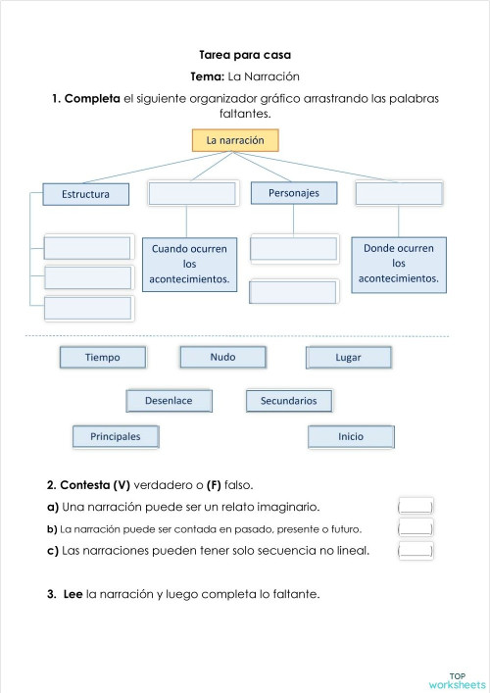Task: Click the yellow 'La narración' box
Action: point(235,141)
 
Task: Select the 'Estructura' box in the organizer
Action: point(85,194)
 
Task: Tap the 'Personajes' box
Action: point(293,193)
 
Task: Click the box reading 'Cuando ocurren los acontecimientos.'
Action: point(189,265)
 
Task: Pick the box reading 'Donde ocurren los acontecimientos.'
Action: point(398,265)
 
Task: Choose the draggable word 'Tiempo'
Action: point(103,358)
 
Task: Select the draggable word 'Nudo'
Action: point(222,357)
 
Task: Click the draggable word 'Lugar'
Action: point(348,358)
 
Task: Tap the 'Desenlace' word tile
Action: point(169,401)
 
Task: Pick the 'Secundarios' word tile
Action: point(289,401)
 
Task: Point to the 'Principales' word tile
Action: point(116,436)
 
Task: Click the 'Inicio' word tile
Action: point(351,436)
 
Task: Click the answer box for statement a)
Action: point(416,507)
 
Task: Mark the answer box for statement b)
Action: point(416,528)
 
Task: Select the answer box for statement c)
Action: point(416,550)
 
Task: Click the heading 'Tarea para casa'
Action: point(245,56)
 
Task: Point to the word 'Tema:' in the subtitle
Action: point(208,76)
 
